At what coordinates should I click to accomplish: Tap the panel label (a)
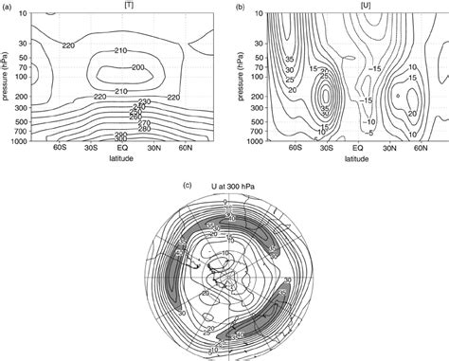[x=7, y=8]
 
